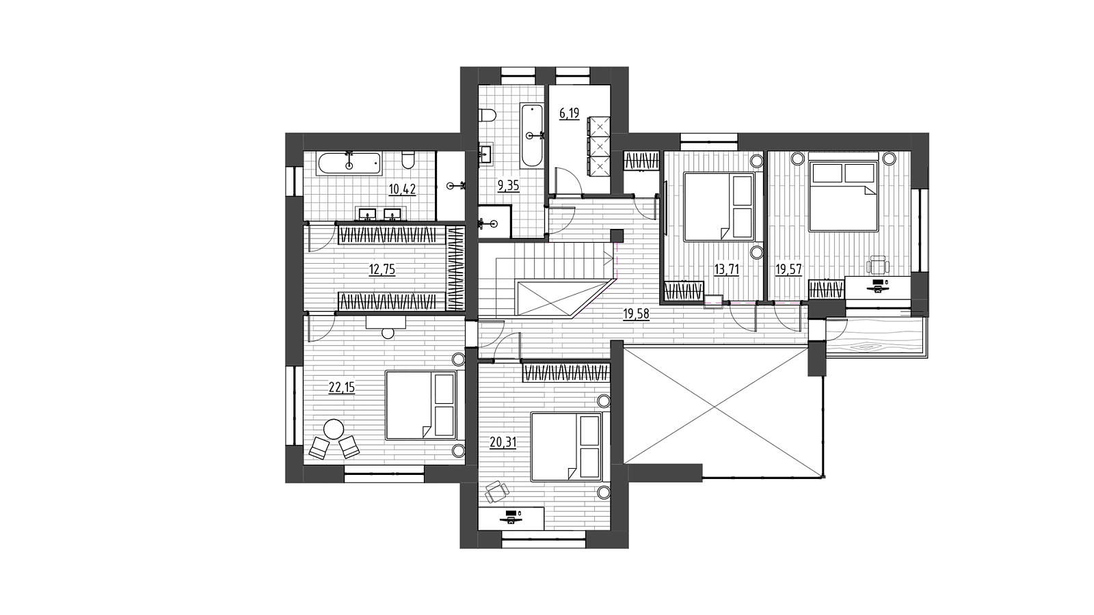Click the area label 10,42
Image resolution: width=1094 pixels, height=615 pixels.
[x=403, y=189]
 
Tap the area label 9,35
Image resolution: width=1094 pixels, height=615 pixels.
[x=508, y=185]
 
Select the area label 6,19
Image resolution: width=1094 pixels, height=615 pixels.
[x=569, y=113]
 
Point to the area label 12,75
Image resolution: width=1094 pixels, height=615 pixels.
[x=382, y=269]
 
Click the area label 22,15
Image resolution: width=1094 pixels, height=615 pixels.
[x=341, y=387]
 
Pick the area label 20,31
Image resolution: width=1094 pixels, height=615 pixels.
[x=503, y=442]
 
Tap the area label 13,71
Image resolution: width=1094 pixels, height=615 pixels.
[x=725, y=270]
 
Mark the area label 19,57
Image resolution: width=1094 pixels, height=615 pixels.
[x=789, y=270]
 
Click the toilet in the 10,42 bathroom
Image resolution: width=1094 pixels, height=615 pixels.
[x=408, y=160]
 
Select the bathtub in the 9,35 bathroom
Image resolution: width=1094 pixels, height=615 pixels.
[x=531, y=135]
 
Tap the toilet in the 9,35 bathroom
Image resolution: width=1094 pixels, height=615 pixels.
[x=488, y=115]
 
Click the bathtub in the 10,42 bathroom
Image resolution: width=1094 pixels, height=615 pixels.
[x=349, y=163]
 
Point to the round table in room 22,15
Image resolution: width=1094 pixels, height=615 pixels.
[x=334, y=430]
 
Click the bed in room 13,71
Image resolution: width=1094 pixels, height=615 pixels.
[x=719, y=206]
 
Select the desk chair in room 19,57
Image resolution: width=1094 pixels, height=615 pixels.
[x=878, y=265]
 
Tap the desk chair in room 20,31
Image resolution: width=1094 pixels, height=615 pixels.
[x=497, y=491]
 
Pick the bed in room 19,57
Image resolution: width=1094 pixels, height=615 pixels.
[x=844, y=197]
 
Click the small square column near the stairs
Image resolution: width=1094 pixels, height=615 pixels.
[x=617, y=236]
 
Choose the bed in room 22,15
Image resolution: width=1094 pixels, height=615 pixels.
[x=421, y=405]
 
